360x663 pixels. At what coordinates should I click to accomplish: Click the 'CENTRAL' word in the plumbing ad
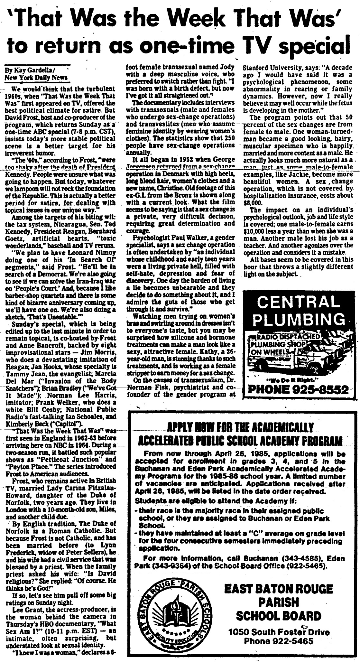pyautogui.click(x=299, y=302)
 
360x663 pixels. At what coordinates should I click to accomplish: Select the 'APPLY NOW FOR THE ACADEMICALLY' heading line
pyautogui.click(x=240, y=427)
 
